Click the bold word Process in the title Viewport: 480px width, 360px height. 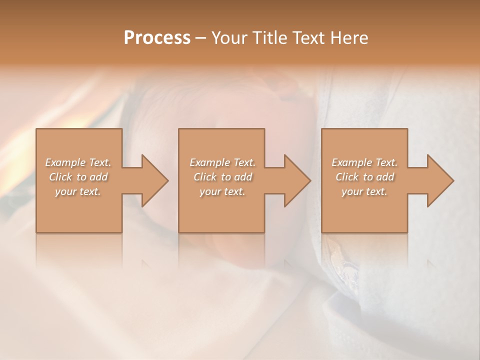pos(157,38)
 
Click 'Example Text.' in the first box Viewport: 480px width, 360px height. pos(78,162)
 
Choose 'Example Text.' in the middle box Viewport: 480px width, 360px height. pos(222,162)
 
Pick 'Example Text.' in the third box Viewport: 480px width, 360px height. pos(364,162)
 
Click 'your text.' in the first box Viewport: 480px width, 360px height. pos(78,191)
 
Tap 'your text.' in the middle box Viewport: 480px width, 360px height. pos(222,191)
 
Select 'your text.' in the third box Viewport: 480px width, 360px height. pos(364,191)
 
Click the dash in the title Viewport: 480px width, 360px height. pos(201,38)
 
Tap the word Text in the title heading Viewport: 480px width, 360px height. pos(306,38)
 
